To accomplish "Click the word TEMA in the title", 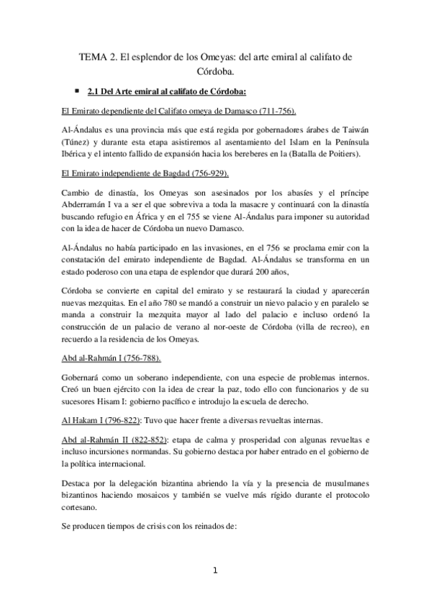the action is tap(92, 57).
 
